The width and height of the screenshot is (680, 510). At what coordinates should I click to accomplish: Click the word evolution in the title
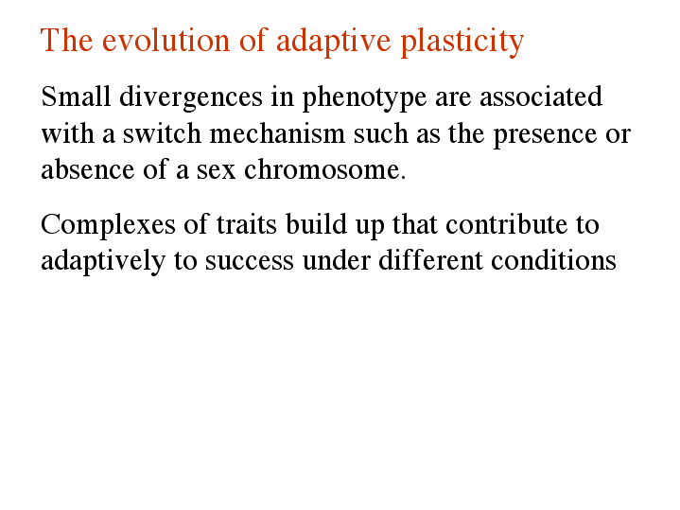tap(166, 40)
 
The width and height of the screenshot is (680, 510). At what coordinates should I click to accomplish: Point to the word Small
tap(76, 96)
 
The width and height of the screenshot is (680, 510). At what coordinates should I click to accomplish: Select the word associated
tap(541, 96)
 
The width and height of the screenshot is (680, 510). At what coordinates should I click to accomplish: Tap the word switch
tap(162, 132)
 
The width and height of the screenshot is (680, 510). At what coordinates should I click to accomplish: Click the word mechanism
tap(277, 132)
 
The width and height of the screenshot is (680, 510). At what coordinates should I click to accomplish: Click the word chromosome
tap(325, 169)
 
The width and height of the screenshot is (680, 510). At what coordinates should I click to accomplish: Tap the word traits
tap(246, 224)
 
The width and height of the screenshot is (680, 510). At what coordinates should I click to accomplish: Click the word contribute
tap(507, 224)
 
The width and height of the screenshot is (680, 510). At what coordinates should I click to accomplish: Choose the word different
tap(430, 260)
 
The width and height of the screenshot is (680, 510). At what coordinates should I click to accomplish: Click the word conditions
tap(553, 260)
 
